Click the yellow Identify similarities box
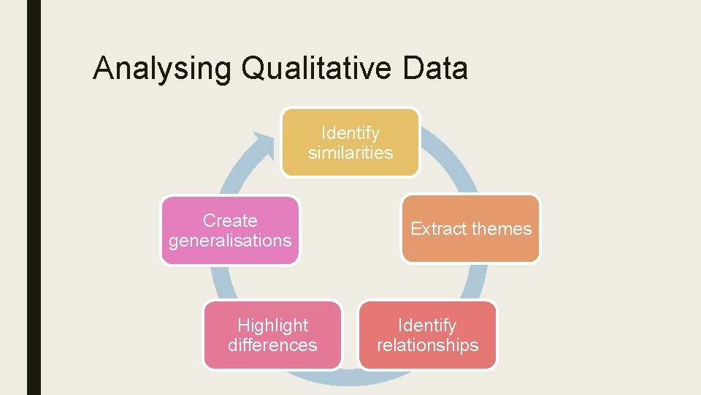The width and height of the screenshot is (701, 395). (350, 143)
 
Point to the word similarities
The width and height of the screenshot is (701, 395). (350, 153)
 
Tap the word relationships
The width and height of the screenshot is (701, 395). (427, 345)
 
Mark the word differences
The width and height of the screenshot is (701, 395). (272, 345)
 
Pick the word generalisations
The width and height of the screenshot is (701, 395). (230, 241)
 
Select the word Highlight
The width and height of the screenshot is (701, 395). (273, 326)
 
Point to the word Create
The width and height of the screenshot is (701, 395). (230, 221)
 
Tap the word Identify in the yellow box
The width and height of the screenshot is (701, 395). (350, 133)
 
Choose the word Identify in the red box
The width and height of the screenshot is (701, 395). (427, 326)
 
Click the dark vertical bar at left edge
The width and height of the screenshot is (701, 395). (34, 197)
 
